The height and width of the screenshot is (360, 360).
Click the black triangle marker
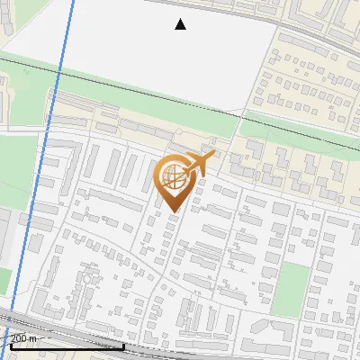tap(180, 24)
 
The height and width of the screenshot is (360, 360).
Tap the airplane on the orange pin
tap(200, 164)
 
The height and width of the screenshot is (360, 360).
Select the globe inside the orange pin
tap(173, 179)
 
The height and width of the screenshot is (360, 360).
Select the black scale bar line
tap(63, 346)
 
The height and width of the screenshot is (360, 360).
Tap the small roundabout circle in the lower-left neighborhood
tap(87, 278)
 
